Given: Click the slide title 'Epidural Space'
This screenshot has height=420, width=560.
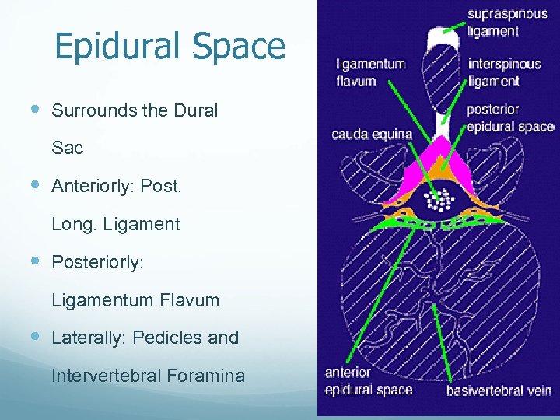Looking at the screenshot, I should [170, 47].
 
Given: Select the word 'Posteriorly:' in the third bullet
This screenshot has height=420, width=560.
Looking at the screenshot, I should [97, 262].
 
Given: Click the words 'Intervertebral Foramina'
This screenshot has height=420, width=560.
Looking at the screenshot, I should [148, 376].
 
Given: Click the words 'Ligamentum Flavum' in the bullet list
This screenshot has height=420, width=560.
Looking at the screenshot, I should [135, 300].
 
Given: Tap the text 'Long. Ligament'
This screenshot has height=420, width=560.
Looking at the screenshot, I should [115, 225].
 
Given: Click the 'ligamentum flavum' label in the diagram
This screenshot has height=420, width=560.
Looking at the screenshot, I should [370, 72].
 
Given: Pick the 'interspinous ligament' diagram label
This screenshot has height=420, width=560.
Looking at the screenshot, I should [504, 72].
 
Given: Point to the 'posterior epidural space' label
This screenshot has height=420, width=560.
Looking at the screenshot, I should [509, 118].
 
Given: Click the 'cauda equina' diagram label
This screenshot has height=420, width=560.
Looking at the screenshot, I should [372, 135].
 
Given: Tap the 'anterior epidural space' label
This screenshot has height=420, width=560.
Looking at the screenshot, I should [368, 382].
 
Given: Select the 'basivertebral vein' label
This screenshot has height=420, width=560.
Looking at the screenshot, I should [499, 390].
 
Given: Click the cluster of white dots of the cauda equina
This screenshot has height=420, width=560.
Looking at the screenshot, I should [441, 199].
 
